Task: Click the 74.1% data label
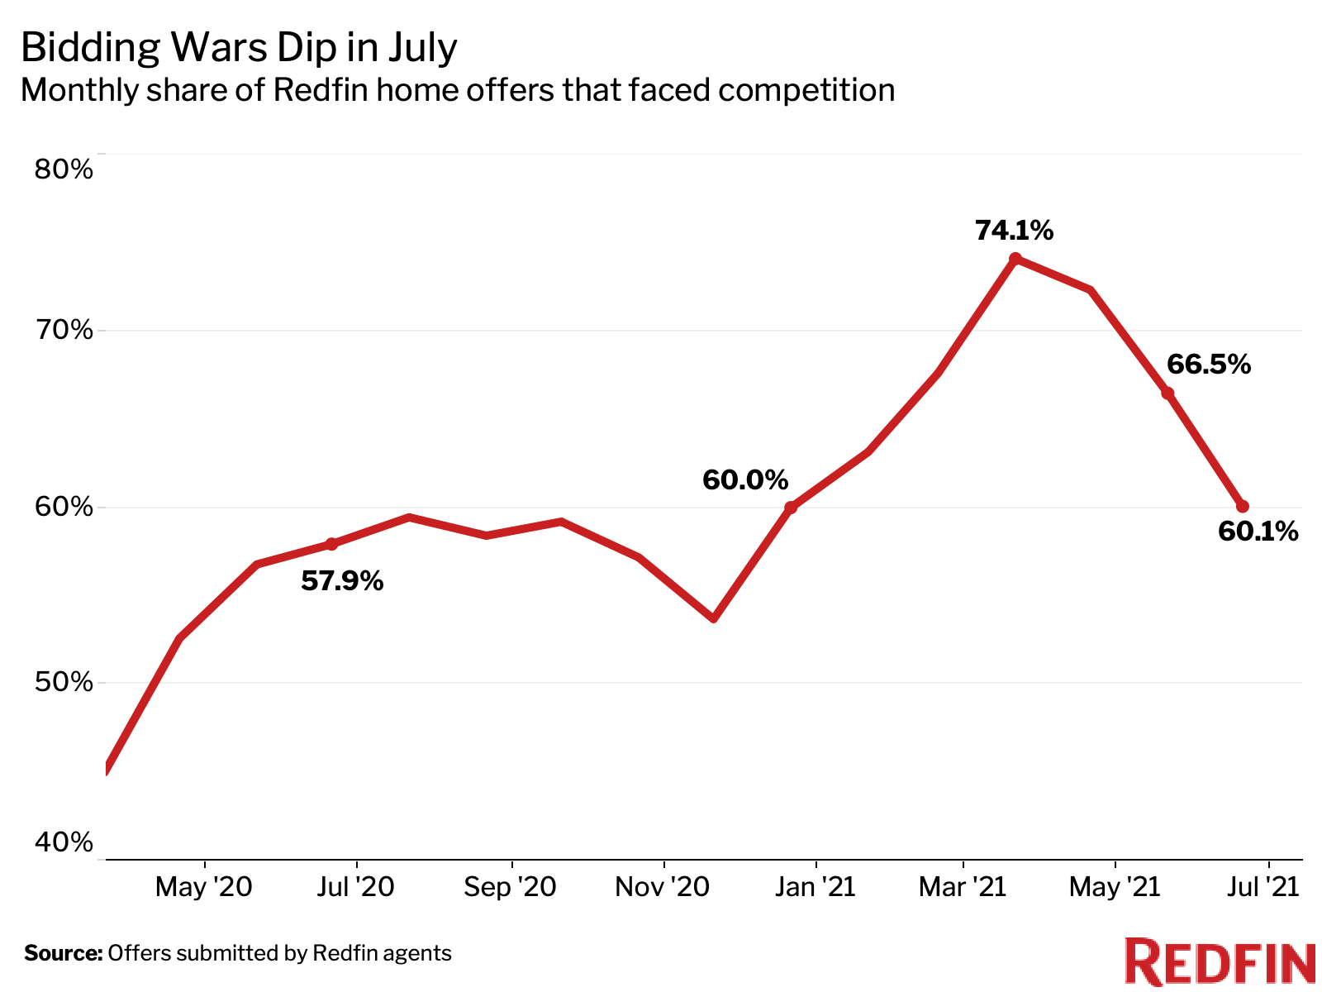[x=1014, y=231]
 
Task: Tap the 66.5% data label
[x=1208, y=365]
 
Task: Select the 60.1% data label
[x=1258, y=532]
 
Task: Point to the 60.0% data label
[x=745, y=479]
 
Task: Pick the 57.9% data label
[x=342, y=581]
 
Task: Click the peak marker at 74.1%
[x=1015, y=259]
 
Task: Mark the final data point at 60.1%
[x=1242, y=507]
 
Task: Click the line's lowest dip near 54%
[x=714, y=618]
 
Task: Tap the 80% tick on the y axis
[x=64, y=169]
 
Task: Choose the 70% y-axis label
[x=64, y=331]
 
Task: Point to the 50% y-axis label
[x=64, y=683]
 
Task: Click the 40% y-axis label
[x=64, y=842]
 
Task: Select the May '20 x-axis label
[x=203, y=888]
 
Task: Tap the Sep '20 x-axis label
[x=510, y=888]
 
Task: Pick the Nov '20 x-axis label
[x=663, y=888]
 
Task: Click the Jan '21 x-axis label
[x=816, y=888]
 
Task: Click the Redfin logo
[x=1220, y=961]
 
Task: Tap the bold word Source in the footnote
[x=63, y=953]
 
